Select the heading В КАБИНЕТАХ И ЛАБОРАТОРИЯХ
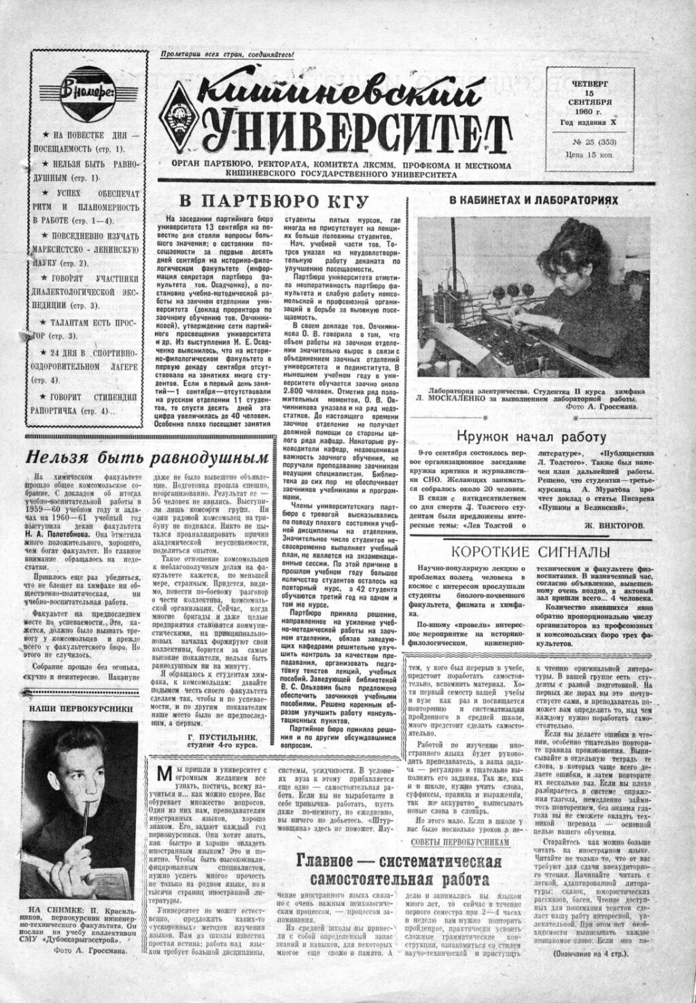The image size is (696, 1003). click(x=534, y=201)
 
